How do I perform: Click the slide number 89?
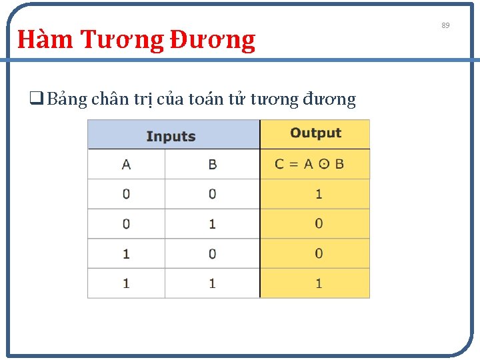point(445,25)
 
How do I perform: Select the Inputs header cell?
point(171,136)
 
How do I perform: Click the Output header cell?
point(315,133)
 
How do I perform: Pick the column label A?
point(126,164)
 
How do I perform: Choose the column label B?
point(212,164)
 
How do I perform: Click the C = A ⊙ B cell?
point(310,164)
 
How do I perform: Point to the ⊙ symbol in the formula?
point(323,164)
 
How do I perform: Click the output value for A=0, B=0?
point(319,194)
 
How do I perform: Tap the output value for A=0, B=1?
point(319,223)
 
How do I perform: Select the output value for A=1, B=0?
point(319,253)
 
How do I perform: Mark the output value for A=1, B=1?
point(319,283)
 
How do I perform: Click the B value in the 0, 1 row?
point(212,224)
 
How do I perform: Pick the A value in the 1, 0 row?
point(126,254)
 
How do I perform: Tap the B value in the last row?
point(212,283)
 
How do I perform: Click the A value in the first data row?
point(126,194)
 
